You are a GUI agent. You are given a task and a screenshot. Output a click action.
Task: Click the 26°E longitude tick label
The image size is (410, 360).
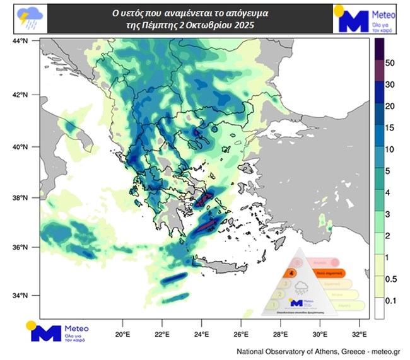[241, 334]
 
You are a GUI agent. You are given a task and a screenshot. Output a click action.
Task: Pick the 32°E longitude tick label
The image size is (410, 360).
[360, 334]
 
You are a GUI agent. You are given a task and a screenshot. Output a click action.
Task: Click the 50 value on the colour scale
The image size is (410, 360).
[390, 64]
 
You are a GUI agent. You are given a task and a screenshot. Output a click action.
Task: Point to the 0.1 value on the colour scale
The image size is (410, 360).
[390, 301]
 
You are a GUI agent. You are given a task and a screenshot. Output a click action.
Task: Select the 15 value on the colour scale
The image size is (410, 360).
[390, 128]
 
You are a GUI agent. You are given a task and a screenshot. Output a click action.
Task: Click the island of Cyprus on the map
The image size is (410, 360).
[328, 222]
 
